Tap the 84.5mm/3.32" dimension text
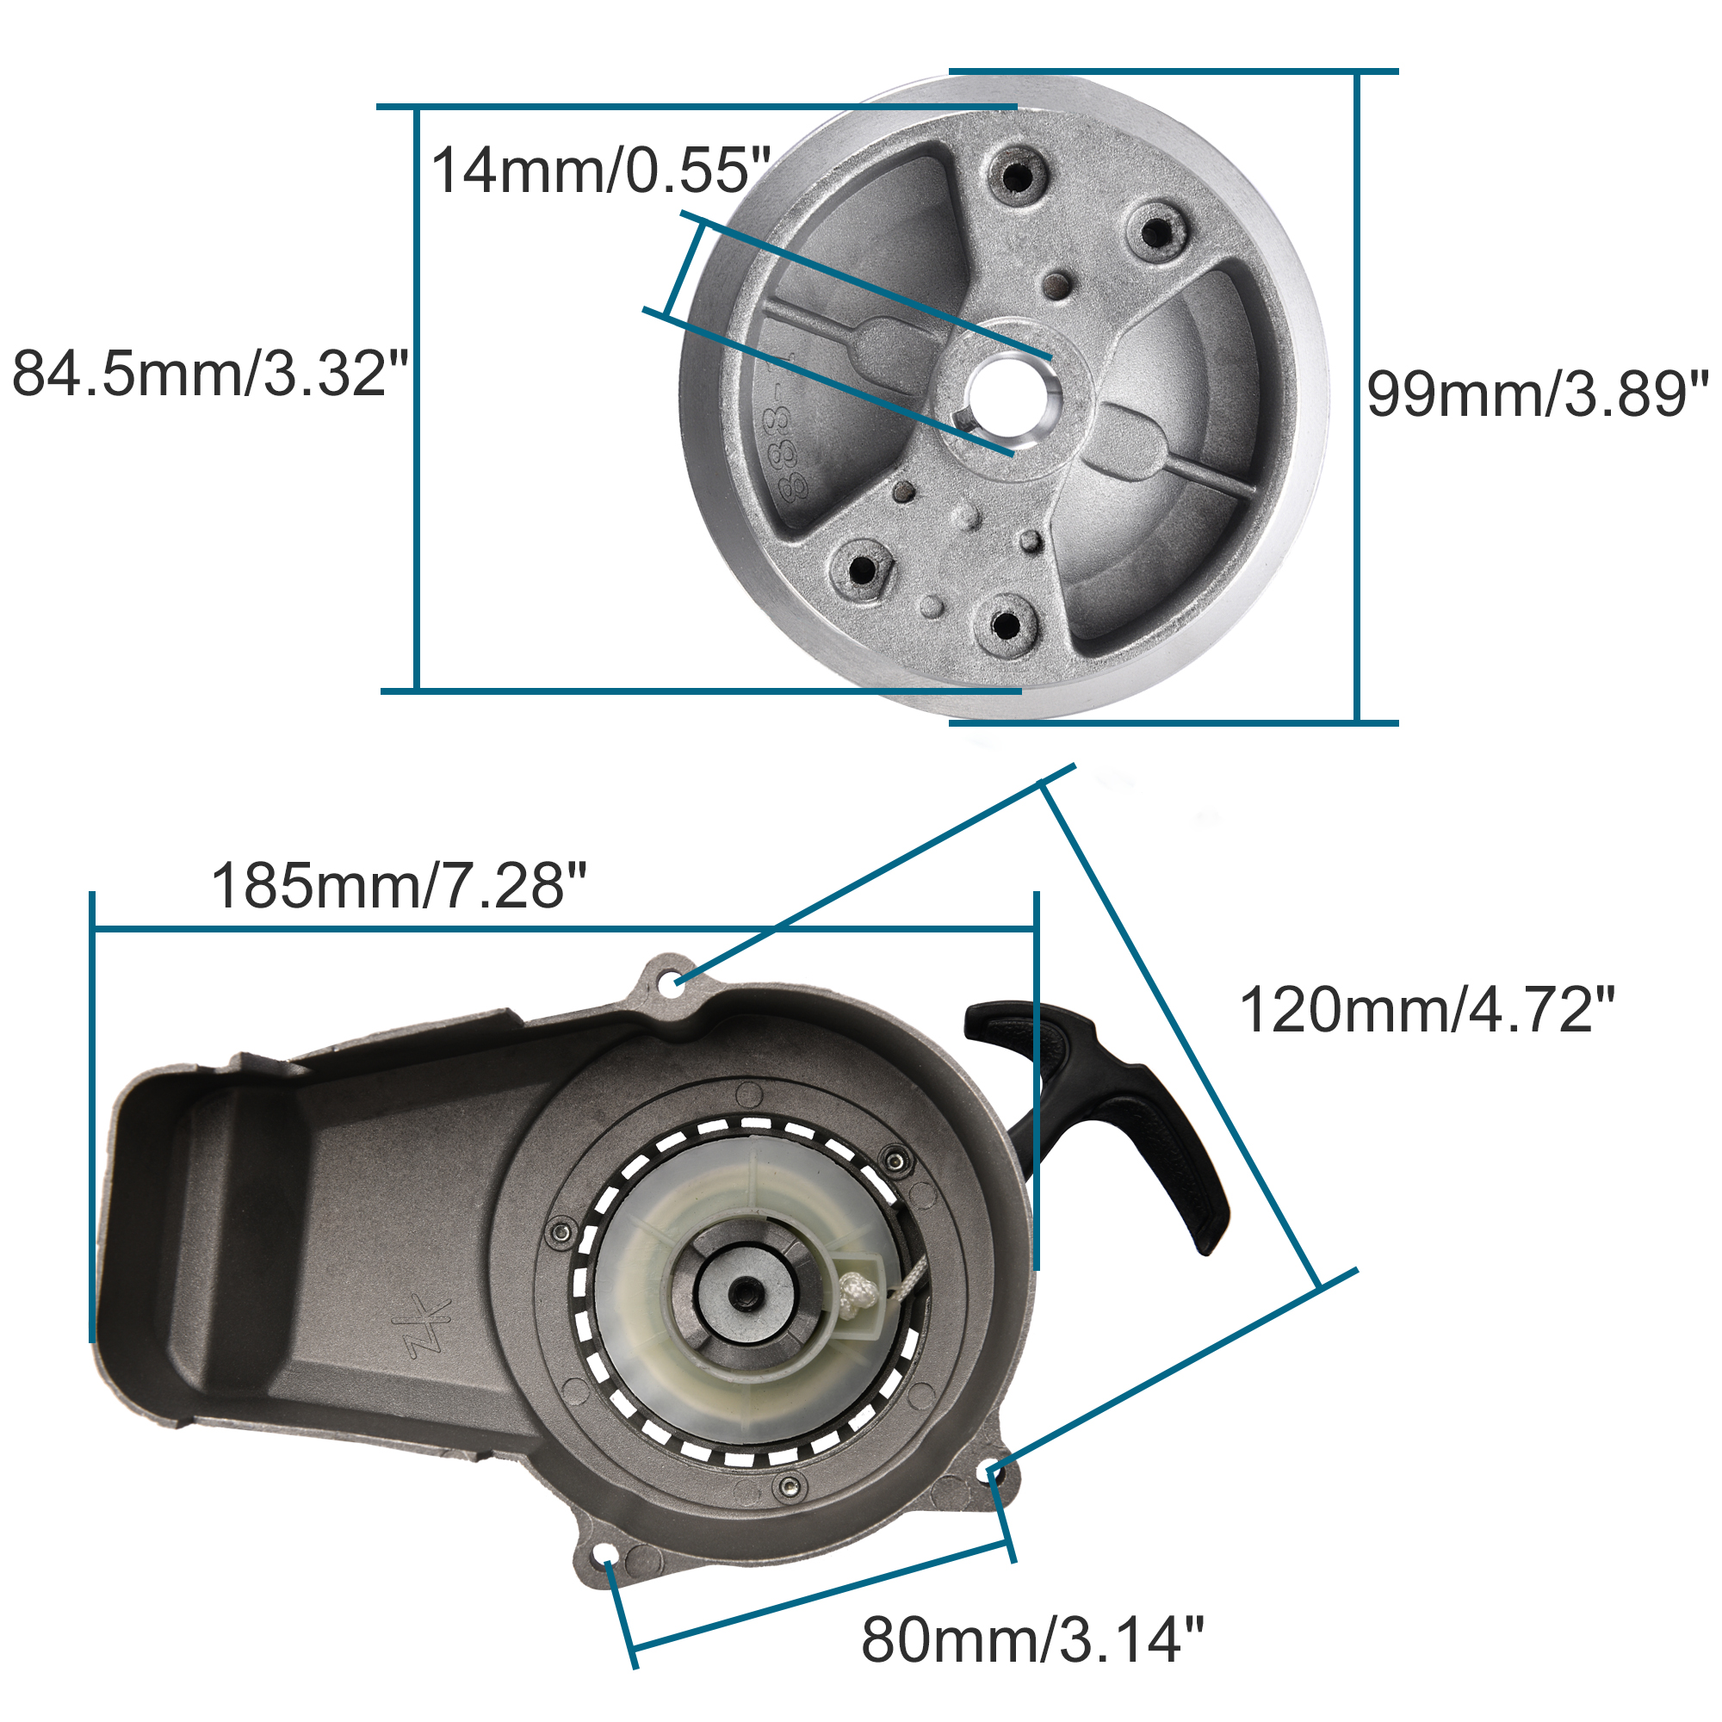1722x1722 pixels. coord(209,374)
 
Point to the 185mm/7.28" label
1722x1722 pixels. coord(399,886)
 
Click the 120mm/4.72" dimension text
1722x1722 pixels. coord(1426,1010)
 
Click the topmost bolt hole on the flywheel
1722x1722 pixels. coord(1016,175)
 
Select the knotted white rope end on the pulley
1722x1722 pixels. coord(858,1294)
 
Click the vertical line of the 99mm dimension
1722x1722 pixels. coord(1357,397)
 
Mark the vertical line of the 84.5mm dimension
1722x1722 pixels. coord(416,397)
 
